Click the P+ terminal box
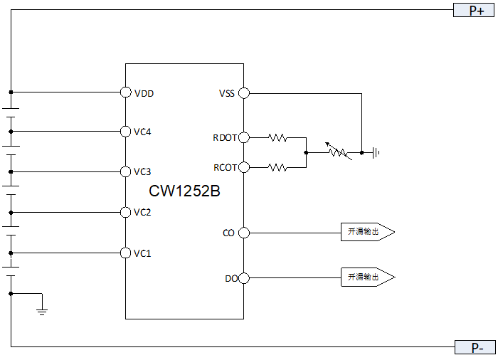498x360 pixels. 475,10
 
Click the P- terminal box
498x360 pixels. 475,347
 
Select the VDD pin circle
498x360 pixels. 126,92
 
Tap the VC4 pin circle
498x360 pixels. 126,131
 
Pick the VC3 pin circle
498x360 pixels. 126,171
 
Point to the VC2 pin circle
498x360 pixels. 126,212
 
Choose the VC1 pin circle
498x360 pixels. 126,253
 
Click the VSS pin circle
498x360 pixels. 243,92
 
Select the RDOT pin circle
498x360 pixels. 243,137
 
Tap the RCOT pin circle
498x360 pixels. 243,167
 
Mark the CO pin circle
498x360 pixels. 243,233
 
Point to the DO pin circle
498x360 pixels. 243,277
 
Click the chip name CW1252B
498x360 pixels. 184,191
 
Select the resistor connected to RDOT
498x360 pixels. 277,137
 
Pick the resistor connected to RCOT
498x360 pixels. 277,167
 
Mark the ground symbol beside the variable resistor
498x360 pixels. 376,152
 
